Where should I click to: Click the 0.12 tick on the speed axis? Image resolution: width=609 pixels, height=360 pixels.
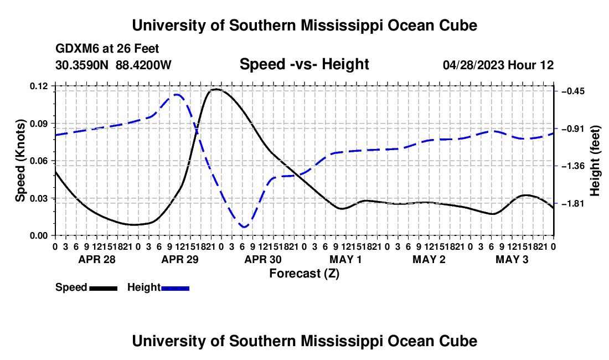[38, 86]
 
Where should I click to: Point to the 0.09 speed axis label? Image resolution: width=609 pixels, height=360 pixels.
[38, 124]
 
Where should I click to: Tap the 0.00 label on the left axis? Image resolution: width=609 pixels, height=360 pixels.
[38, 236]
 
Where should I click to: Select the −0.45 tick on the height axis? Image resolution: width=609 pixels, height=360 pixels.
[573, 91]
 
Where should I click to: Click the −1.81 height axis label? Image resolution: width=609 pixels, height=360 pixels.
[573, 203]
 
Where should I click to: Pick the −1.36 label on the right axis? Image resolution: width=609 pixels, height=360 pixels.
[573, 166]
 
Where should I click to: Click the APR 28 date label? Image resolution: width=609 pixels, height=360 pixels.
[97, 259]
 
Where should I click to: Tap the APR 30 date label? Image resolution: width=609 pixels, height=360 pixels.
[263, 259]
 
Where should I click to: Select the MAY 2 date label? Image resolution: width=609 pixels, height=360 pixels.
[429, 259]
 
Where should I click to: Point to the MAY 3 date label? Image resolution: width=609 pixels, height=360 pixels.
[512, 259]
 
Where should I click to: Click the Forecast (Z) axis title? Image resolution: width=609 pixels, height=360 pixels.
[304, 274]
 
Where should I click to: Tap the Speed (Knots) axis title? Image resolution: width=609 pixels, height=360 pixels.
[20, 161]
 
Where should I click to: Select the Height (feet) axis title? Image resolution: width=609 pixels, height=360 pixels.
[595, 161]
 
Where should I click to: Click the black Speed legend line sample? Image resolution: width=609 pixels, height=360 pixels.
[104, 288]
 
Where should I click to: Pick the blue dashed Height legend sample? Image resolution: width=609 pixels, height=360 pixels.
[175, 288]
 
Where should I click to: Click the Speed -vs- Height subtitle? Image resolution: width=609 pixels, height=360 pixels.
[304, 64]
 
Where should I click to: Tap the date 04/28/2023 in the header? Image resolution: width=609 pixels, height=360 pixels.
[473, 65]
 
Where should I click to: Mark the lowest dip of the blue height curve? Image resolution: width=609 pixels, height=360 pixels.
[244, 227]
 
